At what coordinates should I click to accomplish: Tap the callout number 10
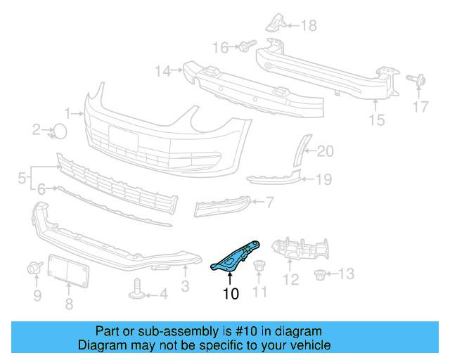[231, 294]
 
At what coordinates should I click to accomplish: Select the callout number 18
[309, 27]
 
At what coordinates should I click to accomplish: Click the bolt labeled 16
[245, 46]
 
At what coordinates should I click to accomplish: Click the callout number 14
[163, 70]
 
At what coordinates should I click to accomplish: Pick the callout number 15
[377, 120]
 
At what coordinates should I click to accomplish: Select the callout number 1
[68, 112]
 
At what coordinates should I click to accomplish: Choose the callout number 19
[323, 179]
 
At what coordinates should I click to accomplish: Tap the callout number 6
[41, 189]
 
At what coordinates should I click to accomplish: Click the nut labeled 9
[33, 267]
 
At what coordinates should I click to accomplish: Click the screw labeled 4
[139, 289]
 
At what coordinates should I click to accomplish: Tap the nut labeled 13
[321, 273]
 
